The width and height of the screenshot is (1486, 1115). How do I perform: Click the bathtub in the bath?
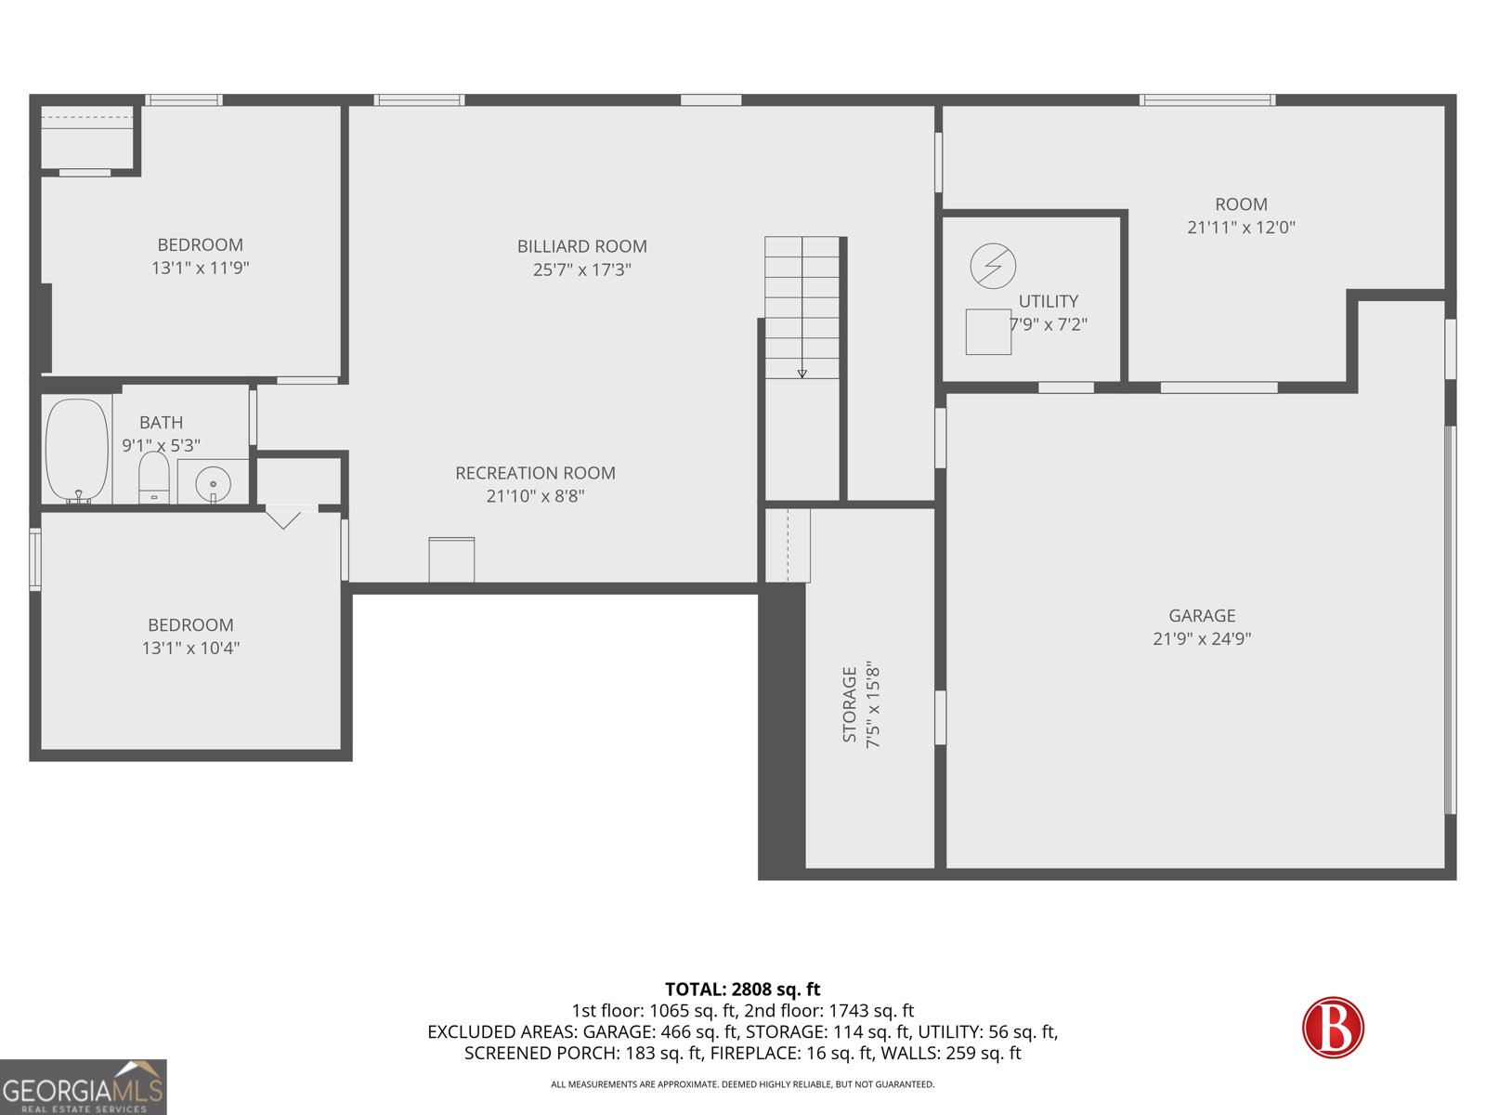[77, 451]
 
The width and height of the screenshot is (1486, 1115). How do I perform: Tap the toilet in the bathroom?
[153, 477]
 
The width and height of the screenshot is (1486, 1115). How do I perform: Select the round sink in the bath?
[214, 484]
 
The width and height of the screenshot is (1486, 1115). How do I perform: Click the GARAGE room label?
[1202, 615]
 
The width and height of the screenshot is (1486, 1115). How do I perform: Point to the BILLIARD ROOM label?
[581, 246]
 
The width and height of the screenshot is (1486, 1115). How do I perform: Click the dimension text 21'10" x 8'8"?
[535, 496]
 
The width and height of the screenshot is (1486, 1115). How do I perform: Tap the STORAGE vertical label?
[850, 704]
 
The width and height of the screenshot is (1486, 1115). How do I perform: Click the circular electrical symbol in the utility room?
[993, 267]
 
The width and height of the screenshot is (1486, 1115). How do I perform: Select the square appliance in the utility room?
[988, 332]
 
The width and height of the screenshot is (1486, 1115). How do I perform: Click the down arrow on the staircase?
[802, 373]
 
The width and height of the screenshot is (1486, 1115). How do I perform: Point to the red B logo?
[1333, 1027]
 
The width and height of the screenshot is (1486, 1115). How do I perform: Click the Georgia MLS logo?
[83, 1087]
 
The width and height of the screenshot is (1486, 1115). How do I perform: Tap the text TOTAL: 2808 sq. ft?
[742, 990]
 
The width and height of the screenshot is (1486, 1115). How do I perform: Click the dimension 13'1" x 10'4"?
[190, 649]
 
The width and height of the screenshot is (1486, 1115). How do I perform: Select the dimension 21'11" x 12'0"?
[1241, 228]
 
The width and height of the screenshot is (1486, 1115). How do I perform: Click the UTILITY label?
[1049, 301]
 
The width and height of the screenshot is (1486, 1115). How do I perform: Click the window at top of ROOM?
[1207, 99]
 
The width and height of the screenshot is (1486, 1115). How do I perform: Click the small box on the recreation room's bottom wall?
[451, 559]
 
